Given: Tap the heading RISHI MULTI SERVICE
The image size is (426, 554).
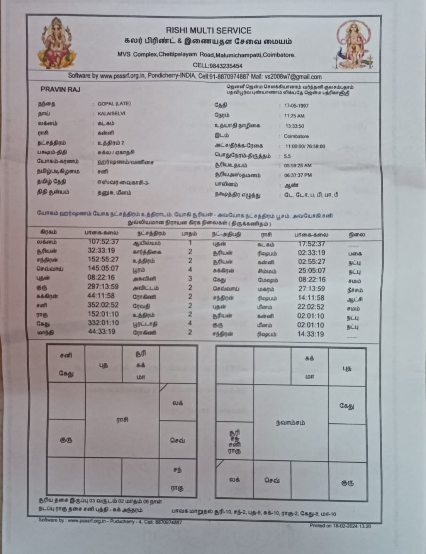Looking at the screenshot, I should (x=208, y=30).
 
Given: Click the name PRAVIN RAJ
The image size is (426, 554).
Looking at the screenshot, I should (x=60, y=89).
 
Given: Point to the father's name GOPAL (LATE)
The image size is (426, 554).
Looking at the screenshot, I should (x=114, y=103).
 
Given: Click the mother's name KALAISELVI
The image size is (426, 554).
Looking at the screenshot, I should (x=111, y=113).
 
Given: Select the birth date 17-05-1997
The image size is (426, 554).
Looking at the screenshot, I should (x=296, y=106).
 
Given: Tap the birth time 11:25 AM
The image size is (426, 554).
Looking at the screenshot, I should (x=294, y=116).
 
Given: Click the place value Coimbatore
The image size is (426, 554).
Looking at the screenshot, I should (x=296, y=136).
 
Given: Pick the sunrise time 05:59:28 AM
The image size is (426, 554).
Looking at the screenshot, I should (x=297, y=165).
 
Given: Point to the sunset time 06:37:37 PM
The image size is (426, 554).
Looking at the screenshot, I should (x=298, y=175).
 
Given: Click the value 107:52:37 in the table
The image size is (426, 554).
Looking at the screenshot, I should (x=103, y=242).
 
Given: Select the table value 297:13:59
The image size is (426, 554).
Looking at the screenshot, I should (x=103, y=287).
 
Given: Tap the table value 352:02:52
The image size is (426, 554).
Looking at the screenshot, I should (x=103, y=305).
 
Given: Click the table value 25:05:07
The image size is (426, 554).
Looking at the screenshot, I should (x=312, y=270).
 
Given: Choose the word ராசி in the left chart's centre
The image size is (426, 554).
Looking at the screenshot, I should (x=122, y=419).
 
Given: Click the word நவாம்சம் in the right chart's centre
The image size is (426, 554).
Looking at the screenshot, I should (x=290, y=423).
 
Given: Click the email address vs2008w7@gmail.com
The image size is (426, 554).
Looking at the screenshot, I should (x=293, y=77).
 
